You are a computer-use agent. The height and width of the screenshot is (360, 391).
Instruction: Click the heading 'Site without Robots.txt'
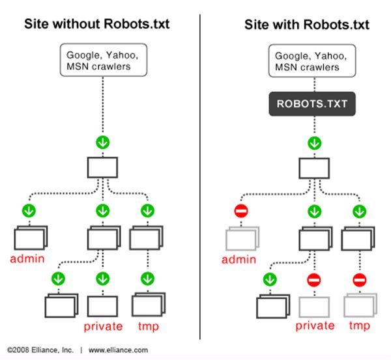97,25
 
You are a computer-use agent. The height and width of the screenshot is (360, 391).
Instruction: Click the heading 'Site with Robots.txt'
307,25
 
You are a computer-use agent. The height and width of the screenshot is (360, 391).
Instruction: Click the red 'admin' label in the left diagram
27,259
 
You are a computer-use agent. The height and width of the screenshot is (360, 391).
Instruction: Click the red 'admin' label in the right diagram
239,259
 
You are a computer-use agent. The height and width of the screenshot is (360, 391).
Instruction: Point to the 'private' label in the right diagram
315,325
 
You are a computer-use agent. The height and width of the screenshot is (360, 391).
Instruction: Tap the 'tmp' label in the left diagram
147,325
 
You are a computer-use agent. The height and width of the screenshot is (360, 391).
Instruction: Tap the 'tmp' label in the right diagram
359,325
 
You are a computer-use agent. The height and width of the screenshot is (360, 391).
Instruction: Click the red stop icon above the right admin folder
240,211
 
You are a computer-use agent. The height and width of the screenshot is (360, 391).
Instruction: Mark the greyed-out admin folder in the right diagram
240,238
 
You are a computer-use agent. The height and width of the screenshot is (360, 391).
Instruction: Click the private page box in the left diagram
102,305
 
